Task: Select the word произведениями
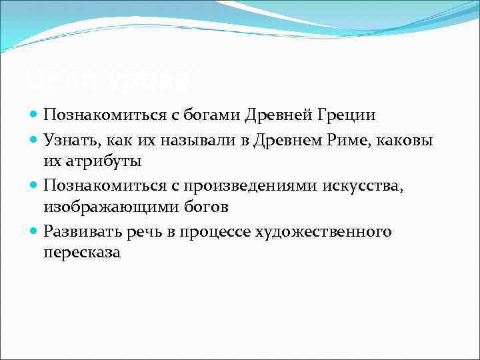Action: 252,185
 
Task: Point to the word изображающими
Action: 109,207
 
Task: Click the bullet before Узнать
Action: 34,139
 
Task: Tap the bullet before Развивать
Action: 34,231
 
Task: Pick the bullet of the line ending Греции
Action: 34,115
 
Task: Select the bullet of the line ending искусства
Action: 34,185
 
